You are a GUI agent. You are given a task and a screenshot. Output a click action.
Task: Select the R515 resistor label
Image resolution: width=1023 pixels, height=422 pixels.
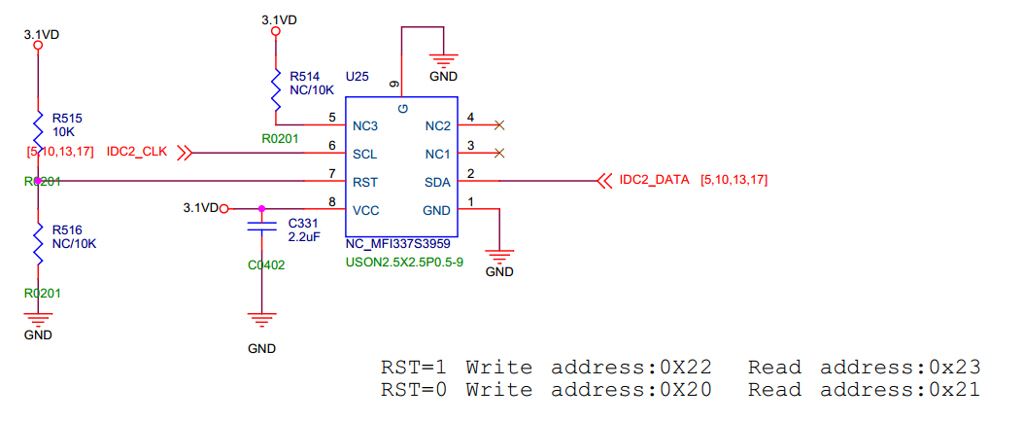68,117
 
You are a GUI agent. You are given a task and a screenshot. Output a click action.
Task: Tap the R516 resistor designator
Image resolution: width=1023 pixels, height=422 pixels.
68,229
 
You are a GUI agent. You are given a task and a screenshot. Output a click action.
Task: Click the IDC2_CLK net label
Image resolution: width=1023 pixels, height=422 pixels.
137,153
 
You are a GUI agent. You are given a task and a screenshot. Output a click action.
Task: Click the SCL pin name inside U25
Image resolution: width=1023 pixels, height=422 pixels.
365,154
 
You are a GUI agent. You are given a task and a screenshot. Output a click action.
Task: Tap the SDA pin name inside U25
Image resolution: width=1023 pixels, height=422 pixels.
437,182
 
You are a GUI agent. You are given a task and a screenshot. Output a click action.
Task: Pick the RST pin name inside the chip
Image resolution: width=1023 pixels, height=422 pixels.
365,182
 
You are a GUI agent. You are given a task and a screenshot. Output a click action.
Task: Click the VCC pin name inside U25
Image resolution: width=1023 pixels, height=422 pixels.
366,209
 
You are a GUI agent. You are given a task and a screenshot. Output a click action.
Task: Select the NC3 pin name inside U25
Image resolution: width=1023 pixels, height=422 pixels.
365,125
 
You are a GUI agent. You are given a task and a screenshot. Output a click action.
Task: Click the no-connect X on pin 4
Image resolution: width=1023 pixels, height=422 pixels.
499,124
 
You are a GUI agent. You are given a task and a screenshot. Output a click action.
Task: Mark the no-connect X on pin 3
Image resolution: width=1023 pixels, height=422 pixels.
499,153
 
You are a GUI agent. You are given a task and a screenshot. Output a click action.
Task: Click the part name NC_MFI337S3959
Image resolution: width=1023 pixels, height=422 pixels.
398,244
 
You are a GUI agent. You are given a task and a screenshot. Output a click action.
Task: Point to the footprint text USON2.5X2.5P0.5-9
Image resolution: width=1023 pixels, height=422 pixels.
403,261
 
